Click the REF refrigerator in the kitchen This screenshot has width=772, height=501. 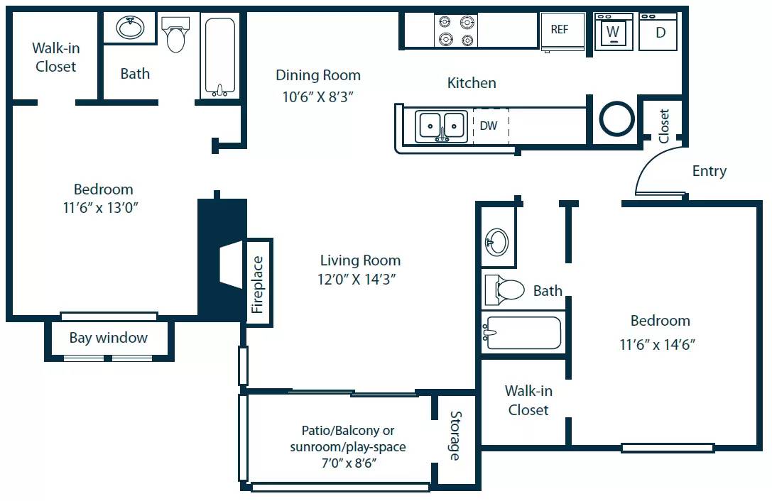click(561, 31)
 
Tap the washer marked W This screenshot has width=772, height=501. click(613, 32)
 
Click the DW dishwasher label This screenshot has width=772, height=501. click(489, 126)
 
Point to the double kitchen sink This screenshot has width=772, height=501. click(441, 126)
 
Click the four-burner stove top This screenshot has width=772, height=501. click(455, 31)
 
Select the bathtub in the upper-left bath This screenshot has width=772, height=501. click(220, 57)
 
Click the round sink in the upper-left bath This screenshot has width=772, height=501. click(131, 28)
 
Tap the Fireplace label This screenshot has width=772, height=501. click(258, 284)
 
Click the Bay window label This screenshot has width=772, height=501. click(109, 338)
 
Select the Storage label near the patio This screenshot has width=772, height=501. click(455, 436)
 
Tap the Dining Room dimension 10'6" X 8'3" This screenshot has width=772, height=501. click(317, 96)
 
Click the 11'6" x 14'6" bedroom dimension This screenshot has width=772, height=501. click(657, 345)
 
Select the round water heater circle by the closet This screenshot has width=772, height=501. click(616, 119)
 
